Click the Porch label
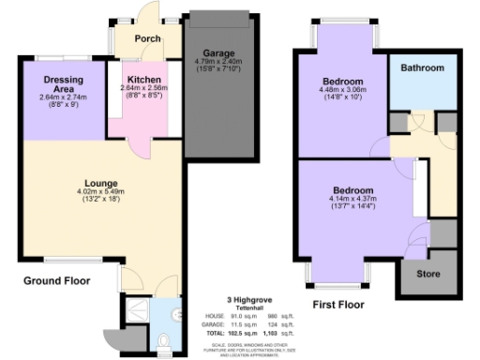[x=147, y=38]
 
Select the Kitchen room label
[x=141, y=80]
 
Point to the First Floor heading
[x=339, y=305]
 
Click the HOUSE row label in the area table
[x=215, y=316]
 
